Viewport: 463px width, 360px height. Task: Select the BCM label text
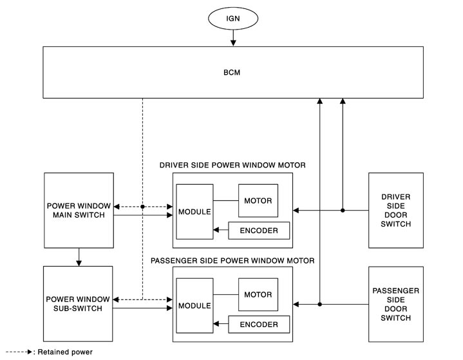233,72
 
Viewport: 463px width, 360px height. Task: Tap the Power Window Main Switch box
79,210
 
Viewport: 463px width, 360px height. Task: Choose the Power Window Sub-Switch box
79,304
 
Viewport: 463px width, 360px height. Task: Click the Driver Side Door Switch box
395,210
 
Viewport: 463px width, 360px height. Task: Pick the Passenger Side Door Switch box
395,304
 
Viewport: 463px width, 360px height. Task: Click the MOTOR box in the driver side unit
258,200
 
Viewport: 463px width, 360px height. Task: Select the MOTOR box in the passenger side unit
258,294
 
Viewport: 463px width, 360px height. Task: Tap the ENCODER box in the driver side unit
259,230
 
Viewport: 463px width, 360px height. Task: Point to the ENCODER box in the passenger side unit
259,324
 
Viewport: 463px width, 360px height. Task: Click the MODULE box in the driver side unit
194,212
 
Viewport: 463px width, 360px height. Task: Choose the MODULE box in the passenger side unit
194,306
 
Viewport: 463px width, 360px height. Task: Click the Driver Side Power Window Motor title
232,166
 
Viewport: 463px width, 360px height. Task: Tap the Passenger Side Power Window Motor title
232,261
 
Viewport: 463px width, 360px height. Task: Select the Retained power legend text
64,352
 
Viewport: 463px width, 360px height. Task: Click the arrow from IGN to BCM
233,39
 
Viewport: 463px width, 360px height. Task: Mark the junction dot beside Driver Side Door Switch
343,210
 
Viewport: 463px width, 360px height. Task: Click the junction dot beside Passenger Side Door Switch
320,304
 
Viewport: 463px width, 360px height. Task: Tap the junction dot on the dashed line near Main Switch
143,207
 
